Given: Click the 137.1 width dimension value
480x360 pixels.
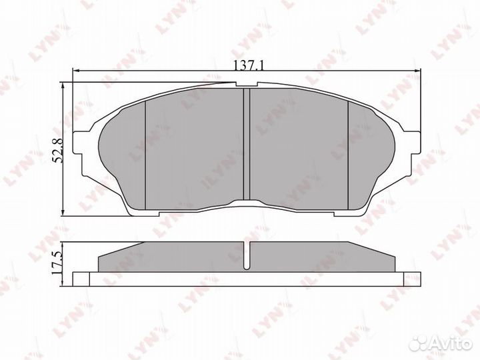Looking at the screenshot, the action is [249, 65].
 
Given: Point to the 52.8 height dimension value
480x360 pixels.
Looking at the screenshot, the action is [57, 150].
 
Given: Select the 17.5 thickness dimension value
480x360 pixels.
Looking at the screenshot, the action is [57, 263].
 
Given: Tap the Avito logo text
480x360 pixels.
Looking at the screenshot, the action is [451, 344].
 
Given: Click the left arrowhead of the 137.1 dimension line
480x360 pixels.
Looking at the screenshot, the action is [76, 71].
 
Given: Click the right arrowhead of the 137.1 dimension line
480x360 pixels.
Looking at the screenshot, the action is [417, 71].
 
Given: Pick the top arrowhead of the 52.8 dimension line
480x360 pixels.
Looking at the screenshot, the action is [63, 86].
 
